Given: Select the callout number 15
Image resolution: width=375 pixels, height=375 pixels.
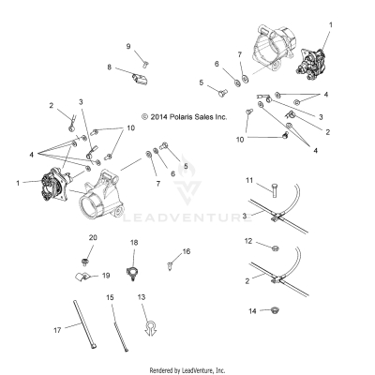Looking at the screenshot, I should click(110, 297).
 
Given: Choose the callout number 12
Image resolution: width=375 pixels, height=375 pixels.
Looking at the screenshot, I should click(248, 242).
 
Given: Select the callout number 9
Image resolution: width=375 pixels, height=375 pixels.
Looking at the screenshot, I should click(128, 46).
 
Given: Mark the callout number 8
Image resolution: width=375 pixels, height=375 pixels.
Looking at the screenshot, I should click(109, 67).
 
